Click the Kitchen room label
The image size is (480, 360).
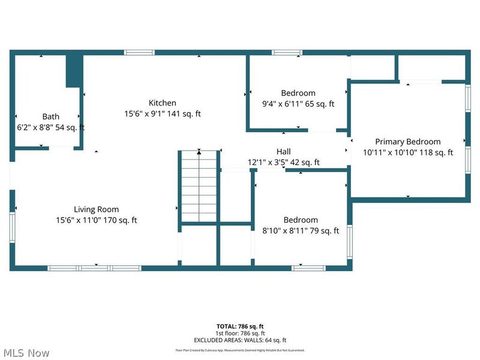click(163, 103)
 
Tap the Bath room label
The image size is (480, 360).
click(51, 116)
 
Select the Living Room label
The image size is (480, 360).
click(96, 209)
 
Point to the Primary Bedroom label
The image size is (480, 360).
click(407, 142)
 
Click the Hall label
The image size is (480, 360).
click(283, 151)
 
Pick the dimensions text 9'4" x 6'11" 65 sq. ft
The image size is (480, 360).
click(298, 104)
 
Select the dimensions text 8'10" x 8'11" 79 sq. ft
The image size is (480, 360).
click(301, 230)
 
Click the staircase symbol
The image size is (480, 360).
click(199, 186)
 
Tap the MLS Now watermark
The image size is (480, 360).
click(26, 353)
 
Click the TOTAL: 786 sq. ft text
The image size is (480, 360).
click(240, 326)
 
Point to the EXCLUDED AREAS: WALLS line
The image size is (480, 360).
click(240, 340)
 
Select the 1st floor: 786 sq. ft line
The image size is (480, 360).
click(240, 333)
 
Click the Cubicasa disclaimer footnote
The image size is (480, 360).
click(240, 350)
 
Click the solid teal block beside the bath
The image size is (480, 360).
click(74, 70)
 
